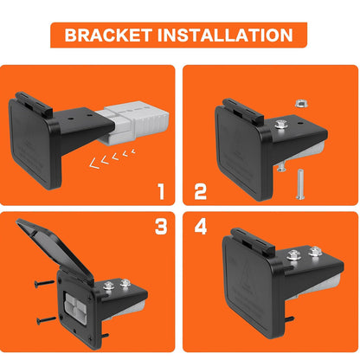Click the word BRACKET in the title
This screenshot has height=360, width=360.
[108, 35]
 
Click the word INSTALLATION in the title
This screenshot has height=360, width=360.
[225, 35]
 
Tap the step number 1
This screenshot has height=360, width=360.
[161, 191]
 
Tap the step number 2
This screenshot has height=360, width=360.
[201, 191]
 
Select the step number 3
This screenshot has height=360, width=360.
[161, 227]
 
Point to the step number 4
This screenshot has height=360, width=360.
[201, 227]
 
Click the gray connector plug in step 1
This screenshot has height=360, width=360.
[133, 122]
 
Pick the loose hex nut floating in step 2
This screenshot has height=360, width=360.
[301, 103]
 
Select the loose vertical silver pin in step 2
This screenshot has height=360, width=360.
[299, 185]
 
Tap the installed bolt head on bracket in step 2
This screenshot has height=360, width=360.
[279, 124]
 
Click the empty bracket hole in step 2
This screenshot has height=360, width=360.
[299, 123]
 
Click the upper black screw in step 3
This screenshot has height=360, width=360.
[44, 283]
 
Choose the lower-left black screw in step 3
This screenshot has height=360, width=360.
[47, 319]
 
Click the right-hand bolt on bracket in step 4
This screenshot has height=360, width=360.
[314, 251]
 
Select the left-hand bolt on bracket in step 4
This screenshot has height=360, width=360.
[293, 254]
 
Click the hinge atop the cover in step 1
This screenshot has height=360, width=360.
[34, 103]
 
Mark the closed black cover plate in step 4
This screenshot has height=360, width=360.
[250, 286]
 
